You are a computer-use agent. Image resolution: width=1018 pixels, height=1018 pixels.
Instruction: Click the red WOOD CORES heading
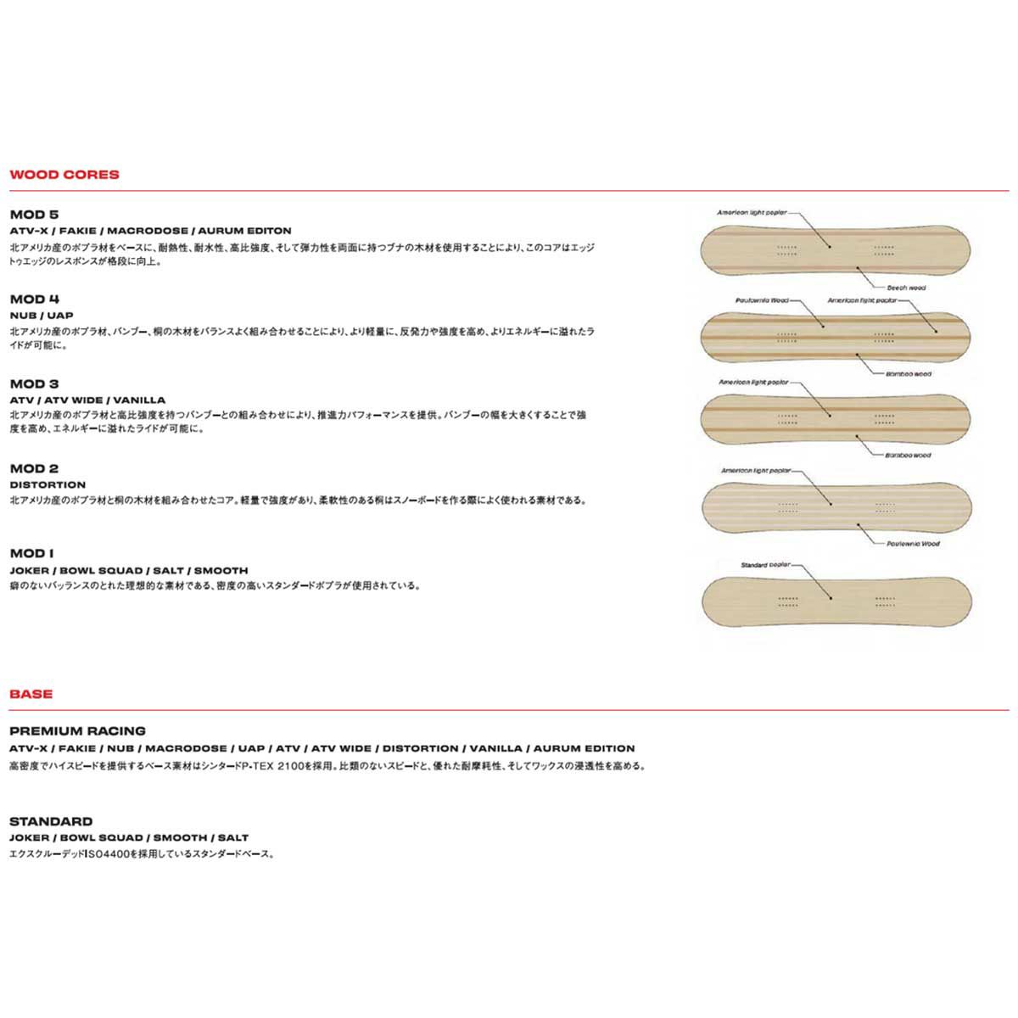click(x=64, y=175)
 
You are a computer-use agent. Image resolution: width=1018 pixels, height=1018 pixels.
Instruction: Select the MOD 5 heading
click(x=34, y=215)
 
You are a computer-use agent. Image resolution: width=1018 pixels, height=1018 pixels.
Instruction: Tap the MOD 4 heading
click(x=34, y=299)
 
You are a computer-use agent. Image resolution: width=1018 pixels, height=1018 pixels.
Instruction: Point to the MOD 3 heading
click(x=34, y=383)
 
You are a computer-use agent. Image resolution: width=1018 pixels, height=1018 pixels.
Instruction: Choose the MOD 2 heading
click(x=34, y=468)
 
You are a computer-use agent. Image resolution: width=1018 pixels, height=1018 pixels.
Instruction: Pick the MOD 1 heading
click(x=32, y=553)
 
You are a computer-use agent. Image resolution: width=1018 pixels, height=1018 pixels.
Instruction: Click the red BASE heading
click(x=31, y=694)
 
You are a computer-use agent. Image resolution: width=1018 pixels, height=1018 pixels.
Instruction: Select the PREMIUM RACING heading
click(x=77, y=730)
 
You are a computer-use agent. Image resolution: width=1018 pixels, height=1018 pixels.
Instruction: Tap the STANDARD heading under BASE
click(x=51, y=821)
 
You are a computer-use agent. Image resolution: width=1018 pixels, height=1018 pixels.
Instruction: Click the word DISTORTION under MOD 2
click(x=48, y=485)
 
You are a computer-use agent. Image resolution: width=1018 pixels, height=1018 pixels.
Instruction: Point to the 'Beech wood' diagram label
click(x=906, y=288)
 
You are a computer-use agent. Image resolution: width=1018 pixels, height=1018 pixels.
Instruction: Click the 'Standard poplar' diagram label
click(x=766, y=564)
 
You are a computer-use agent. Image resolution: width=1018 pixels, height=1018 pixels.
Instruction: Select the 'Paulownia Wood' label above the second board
click(x=762, y=300)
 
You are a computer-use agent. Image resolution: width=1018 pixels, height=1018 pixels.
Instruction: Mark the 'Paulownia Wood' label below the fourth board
click(x=913, y=543)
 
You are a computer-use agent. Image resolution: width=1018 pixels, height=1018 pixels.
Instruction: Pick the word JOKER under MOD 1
click(x=27, y=570)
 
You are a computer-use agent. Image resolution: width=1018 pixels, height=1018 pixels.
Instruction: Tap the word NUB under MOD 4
click(x=20, y=316)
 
